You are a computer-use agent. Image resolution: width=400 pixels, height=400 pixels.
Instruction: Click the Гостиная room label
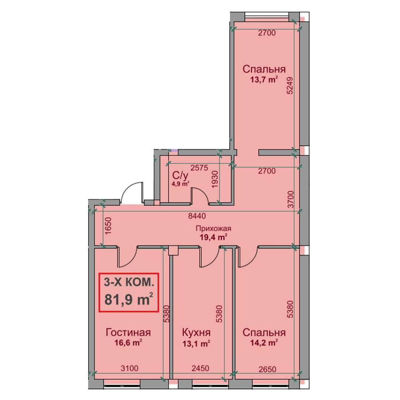click(x=128, y=332)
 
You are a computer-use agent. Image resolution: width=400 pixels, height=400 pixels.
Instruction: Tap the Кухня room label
click(x=196, y=332)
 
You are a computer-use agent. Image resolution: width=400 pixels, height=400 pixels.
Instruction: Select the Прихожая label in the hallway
click(x=213, y=228)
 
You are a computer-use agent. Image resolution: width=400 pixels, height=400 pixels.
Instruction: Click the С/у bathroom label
click(x=180, y=176)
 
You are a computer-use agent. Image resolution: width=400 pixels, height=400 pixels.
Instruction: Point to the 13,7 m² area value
click(x=264, y=80)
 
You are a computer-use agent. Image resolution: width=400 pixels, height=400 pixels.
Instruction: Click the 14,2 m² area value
click(x=264, y=343)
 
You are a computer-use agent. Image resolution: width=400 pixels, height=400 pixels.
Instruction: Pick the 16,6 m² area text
click(x=128, y=343)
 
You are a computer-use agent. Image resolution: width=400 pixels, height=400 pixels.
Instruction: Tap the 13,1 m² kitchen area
click(x=196, y=344)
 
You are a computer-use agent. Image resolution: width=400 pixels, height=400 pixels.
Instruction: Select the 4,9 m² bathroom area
click(x=181, y=184)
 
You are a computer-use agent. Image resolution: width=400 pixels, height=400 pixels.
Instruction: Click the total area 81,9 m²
click(x=129, y=299)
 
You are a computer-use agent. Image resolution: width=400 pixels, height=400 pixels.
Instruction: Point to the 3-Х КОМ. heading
click(x=129, y=282)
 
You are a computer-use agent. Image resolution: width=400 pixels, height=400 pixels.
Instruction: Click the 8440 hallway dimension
click(x=197, y=216)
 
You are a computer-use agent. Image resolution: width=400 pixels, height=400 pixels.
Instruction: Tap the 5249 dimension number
click(x=290, y=86)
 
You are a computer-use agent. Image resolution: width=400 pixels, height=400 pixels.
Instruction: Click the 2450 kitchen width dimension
click(x=200, y=368)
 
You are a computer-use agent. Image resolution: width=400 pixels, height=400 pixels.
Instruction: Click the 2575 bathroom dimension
click(x=200, y=168)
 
